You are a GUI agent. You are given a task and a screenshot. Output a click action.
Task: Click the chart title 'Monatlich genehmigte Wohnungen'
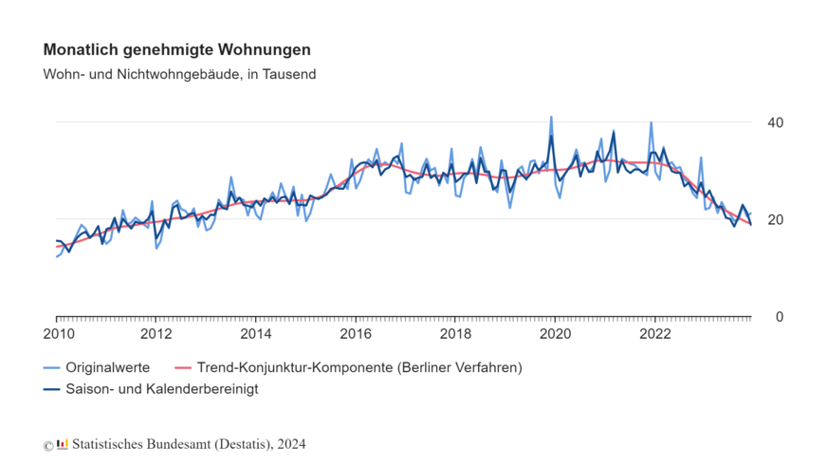(176, 49)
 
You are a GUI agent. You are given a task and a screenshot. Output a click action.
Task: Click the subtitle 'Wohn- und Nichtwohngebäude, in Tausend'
(179, 74)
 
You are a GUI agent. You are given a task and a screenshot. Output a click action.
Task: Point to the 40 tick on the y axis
(775, 122)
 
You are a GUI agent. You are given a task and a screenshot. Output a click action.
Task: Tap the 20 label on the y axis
(775, 219)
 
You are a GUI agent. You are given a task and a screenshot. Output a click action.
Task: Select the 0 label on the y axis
(779, 317)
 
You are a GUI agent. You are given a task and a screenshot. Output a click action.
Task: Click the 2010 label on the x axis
(57, 334)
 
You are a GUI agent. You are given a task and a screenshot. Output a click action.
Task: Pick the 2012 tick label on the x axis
(156, 334)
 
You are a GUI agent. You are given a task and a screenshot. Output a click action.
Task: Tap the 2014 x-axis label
(256, 334)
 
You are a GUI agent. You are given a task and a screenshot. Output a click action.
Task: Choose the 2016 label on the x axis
(356, 334)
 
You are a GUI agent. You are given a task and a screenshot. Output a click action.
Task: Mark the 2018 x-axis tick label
(456, 334)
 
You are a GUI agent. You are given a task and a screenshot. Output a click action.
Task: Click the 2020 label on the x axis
(556, 334)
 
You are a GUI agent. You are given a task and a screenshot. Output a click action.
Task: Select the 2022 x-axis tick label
(655, 334)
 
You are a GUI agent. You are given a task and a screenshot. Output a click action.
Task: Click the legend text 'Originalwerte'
(107, 367)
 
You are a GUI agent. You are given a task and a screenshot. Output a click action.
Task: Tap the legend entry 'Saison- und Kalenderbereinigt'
(161, 389)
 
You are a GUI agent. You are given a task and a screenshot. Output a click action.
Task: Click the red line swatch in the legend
(184, 367)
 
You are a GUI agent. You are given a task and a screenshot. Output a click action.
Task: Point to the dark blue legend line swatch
(52, 389)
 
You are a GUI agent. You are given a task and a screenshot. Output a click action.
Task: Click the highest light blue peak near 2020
(551, 118)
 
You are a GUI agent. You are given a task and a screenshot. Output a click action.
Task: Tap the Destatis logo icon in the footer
(63, 443)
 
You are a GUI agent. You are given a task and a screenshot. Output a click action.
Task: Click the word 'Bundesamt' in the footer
(175, 444)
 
